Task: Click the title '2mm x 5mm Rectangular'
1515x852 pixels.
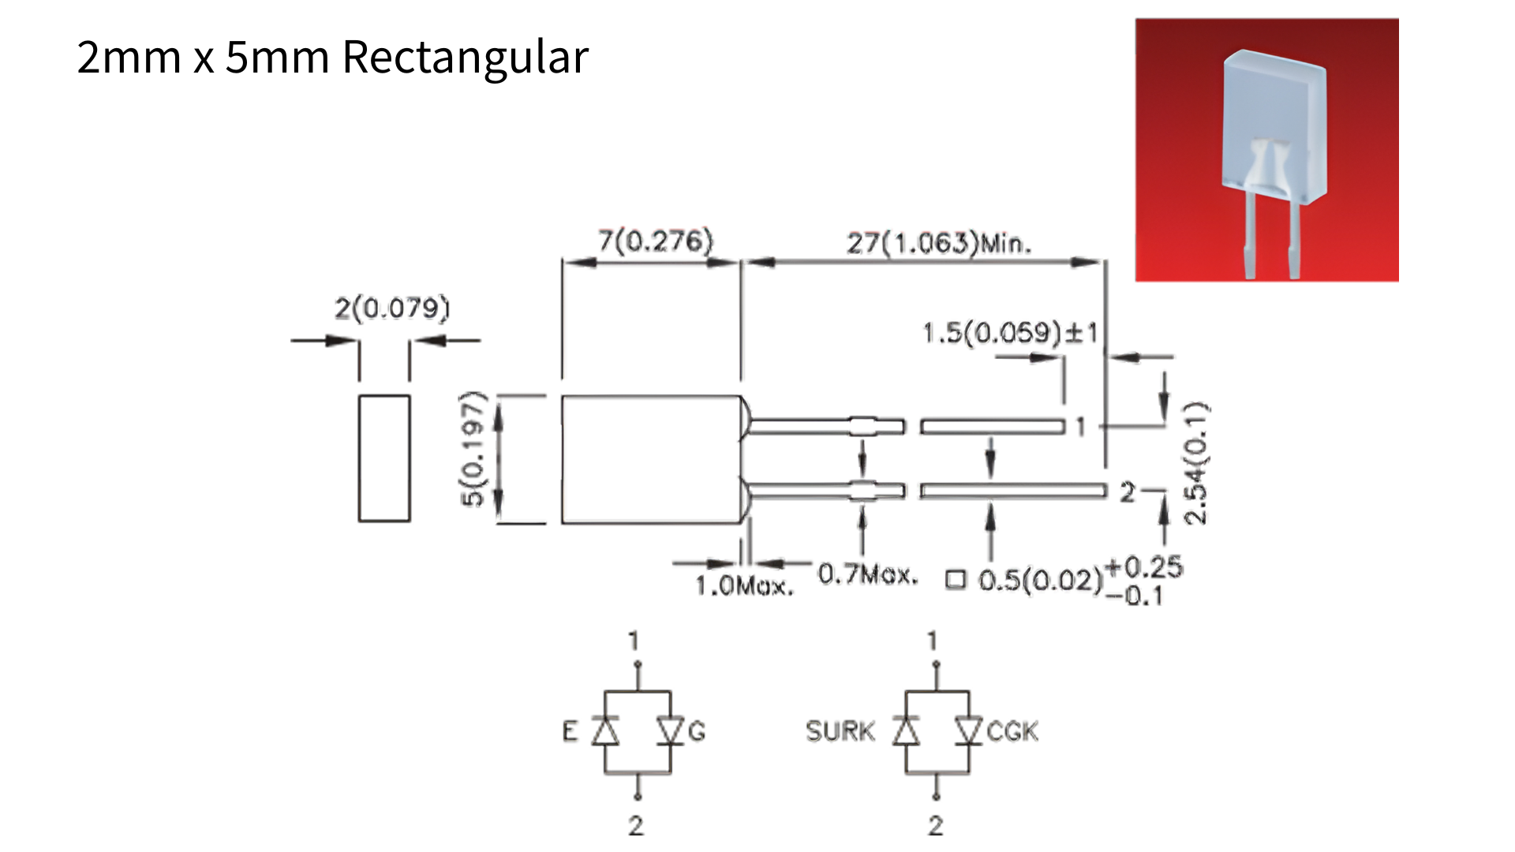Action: (x=332, y=57)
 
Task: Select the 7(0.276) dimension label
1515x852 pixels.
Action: (x=655, y=241)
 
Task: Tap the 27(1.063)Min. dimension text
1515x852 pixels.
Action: (x=938, y=243)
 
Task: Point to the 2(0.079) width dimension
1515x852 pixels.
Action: (x=392, y=308)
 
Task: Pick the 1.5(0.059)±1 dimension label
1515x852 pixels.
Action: (x=1011, y=333)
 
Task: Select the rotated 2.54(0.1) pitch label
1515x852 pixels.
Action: (x=1196, y=463)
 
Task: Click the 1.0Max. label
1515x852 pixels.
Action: (x=743, y=586)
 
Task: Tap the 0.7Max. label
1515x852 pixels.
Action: (x=868, y=574)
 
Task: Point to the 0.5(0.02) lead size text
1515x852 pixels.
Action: (x=1040, y=581)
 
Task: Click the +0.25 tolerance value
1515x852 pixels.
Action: (x=1144, y=566)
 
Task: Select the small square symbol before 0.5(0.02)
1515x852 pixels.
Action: (x=956, y=580)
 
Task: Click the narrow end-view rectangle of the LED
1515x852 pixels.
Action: (x=384, y=458)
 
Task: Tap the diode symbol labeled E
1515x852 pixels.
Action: (x=605, y=731)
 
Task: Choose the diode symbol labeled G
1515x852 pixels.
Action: (x=671, y=731)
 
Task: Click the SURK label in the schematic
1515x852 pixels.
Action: (x=840, y=731)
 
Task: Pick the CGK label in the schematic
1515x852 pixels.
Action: (x=1012, y=731)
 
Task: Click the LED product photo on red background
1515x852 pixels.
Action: (x=1266, y=150)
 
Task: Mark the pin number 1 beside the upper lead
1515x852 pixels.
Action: (x=1081, y=427)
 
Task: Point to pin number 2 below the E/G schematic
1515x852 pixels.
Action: (x=636, y=826)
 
